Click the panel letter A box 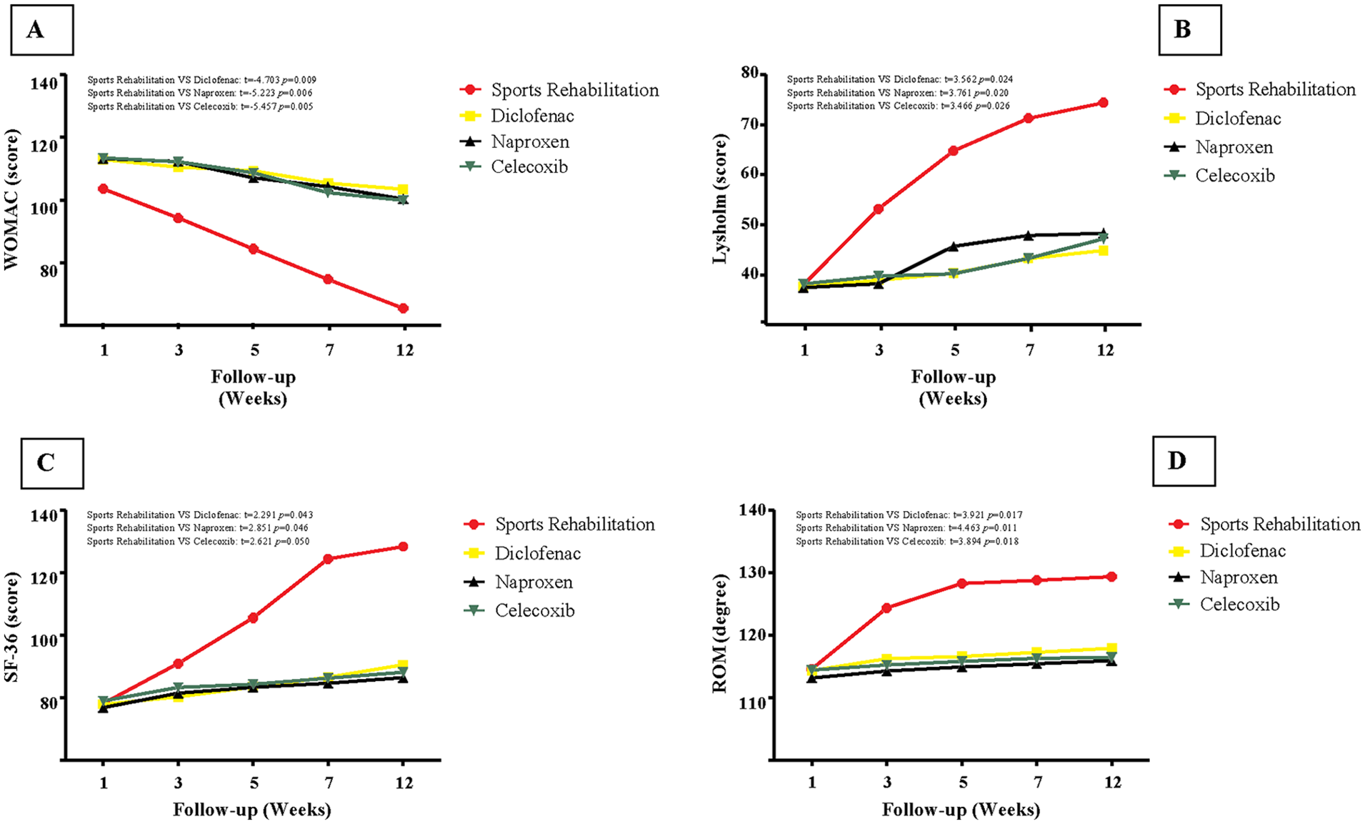point(42,30)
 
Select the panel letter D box point(1184,461)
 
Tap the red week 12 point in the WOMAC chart point(404,308)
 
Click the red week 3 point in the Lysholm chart point(879,209)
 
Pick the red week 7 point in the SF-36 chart point(329,559)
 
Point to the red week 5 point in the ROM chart point(963,583)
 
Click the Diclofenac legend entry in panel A point(517,116)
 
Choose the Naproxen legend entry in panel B point(1219,147)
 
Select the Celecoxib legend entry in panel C point(519,610)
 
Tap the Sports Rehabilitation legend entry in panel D point(1264,524)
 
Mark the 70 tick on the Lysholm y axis point(750,124)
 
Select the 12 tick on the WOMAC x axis point(404,350)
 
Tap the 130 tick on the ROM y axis point(752,572)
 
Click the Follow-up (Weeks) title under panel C point(252,810)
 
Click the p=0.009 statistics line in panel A point(202,80)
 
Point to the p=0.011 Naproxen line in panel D point(906,528)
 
